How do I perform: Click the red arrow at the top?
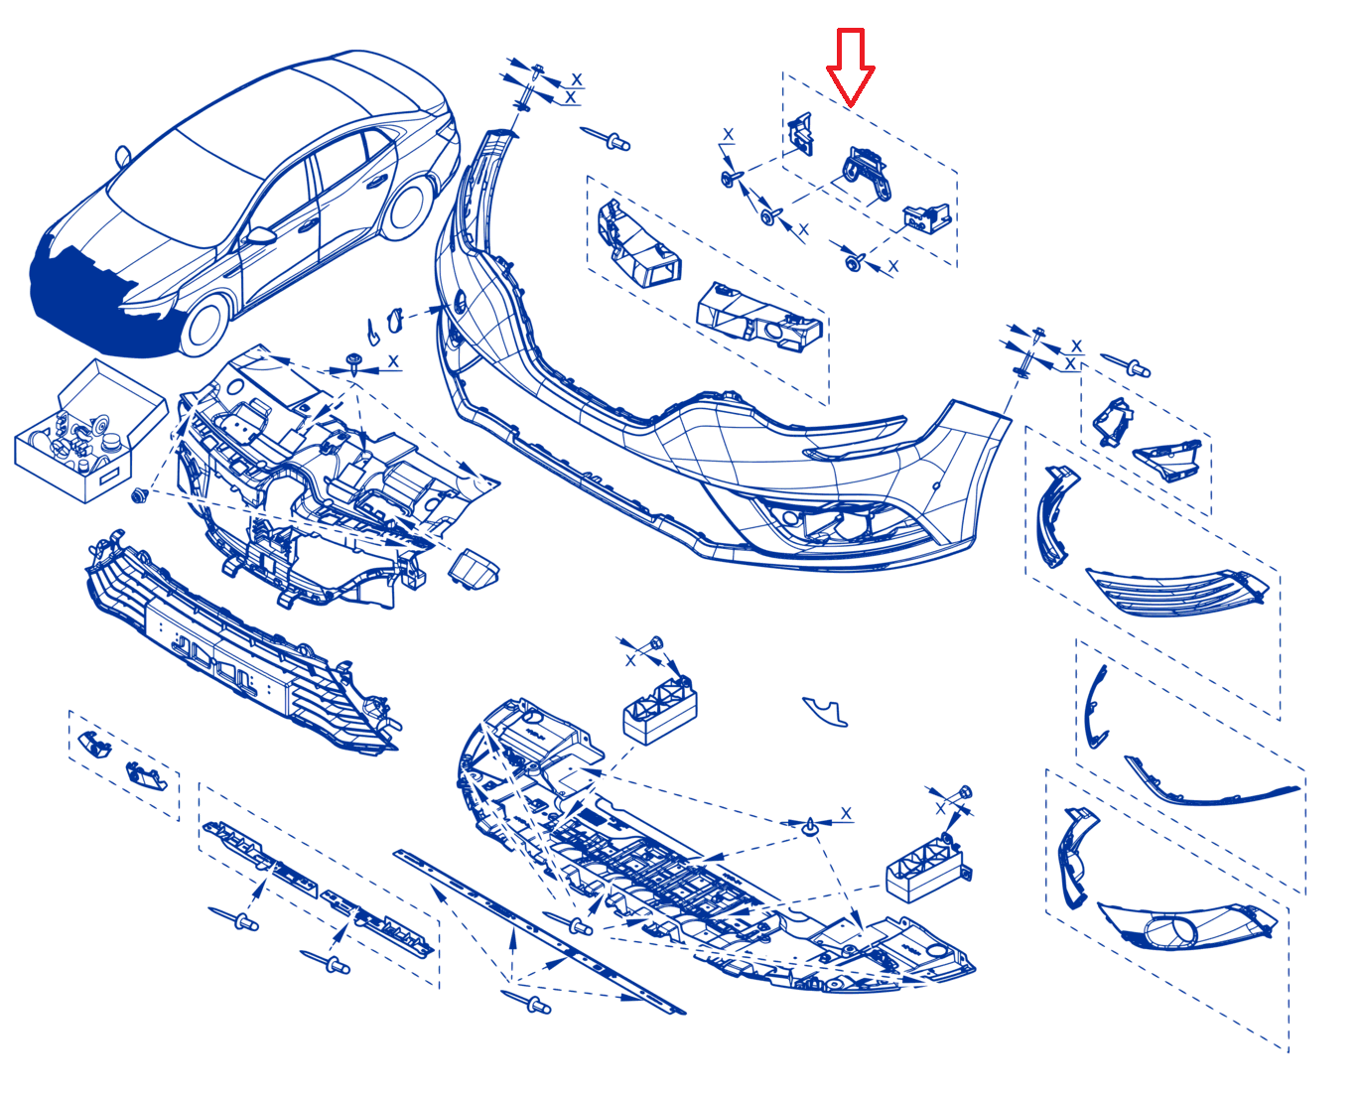[x=850, y=68]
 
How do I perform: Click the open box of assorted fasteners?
[x=89, y=431]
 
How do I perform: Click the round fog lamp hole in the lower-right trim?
[x=1171, y=928]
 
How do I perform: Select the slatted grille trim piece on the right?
[x=1176, y=593]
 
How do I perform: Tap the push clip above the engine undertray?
[x=810, y=826]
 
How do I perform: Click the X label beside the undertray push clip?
[x=846, y=813]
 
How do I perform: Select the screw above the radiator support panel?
[x=352, y=361]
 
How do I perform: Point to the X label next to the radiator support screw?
[x=393, y=361]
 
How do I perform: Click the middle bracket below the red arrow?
[x=867, y=174]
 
